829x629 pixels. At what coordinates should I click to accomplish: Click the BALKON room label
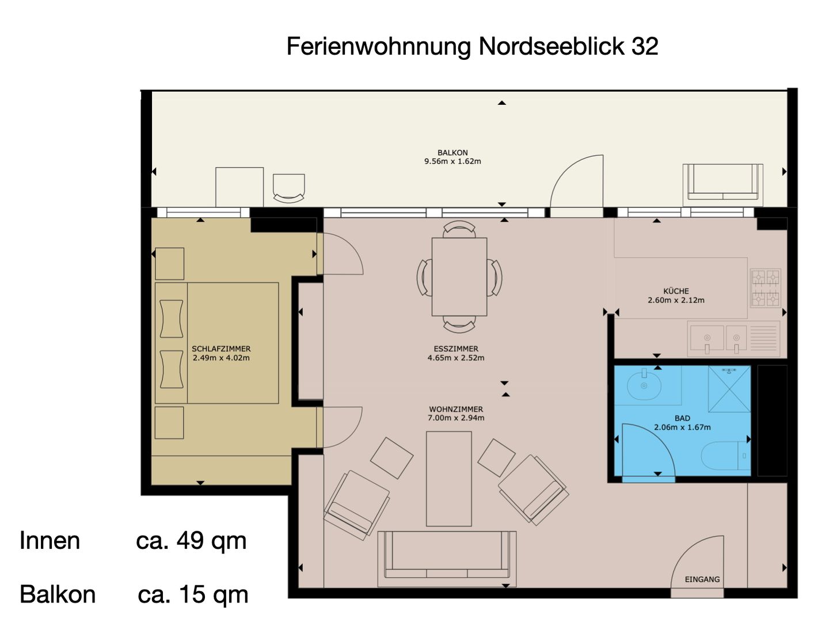[x=452, y=153]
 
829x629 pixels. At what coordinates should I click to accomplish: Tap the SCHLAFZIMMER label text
[x=221, y=348]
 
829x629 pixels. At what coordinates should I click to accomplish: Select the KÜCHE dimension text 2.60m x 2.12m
[x=676, y=300]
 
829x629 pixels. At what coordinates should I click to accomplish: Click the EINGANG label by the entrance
[x=702, y=579]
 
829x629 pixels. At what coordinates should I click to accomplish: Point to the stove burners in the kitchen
[x=765, y=287]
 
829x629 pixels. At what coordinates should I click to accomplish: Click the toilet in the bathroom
[x=725, y=456]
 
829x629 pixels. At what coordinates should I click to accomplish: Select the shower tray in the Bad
[x=729, y=389]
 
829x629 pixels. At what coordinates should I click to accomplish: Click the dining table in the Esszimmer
[x=459, y=276]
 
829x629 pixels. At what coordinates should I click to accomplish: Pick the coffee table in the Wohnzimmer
[x=448, y=479]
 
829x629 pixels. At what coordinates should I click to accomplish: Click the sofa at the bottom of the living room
[x=447, y=559]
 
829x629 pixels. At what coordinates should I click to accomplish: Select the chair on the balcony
[x=288, y=188]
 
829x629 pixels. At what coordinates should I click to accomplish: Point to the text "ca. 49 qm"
[x=191, y=541]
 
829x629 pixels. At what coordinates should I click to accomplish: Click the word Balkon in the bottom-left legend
[x=58, y=594]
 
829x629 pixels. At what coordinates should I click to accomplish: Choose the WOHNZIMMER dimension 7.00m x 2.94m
[x=456, y=418]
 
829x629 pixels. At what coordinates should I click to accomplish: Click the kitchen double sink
[x=718, y=339]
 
